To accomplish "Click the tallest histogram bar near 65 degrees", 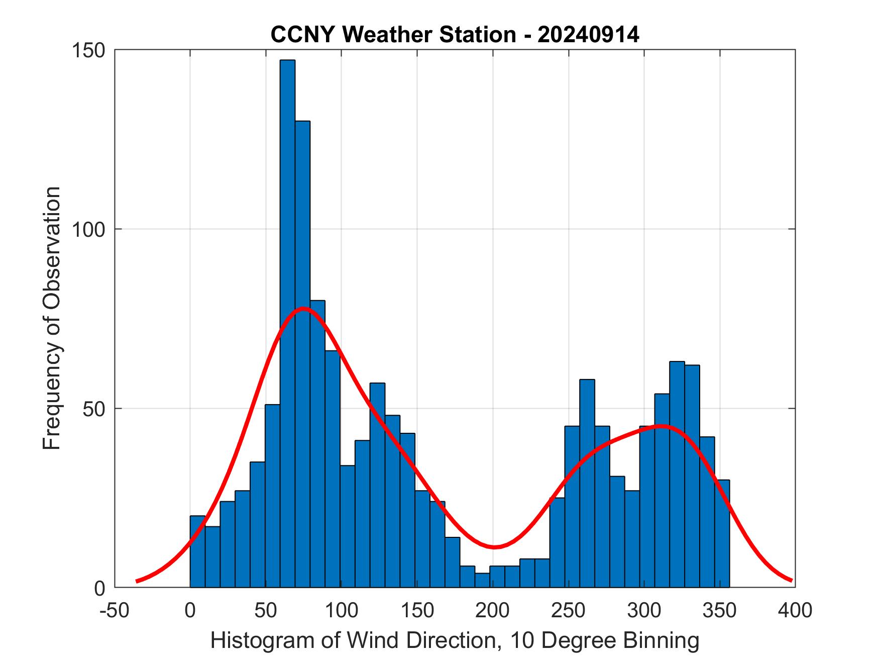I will coord(287,322).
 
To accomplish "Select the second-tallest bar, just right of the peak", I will coord(302,352).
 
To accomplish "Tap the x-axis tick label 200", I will coord(493,610).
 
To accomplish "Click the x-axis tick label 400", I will coord(795,610).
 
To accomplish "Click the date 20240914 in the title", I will coord(588,35).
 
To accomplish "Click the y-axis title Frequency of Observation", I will coord(52,318).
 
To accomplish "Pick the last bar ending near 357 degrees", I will coord(722,533).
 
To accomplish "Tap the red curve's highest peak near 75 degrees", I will coord(303,309).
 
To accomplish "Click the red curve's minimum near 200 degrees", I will coord(494,547).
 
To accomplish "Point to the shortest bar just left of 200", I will coord(482,580).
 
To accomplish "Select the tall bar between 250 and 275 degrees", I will coord(587,483).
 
